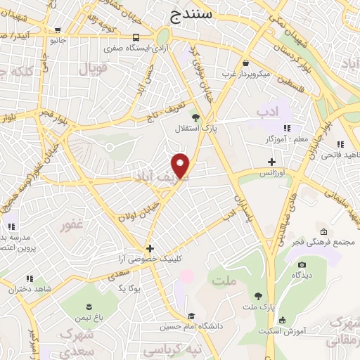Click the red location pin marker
(182, 165)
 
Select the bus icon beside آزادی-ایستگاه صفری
(134, 37)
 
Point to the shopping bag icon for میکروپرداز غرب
(244, 63)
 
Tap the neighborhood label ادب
(267, 112)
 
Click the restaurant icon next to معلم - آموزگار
(286, 128)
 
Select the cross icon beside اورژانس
(271, 162)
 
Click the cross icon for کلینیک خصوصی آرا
(149, 248)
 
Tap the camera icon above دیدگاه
(302, 264)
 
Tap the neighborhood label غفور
(72, 224)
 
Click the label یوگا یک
(132, 289)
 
